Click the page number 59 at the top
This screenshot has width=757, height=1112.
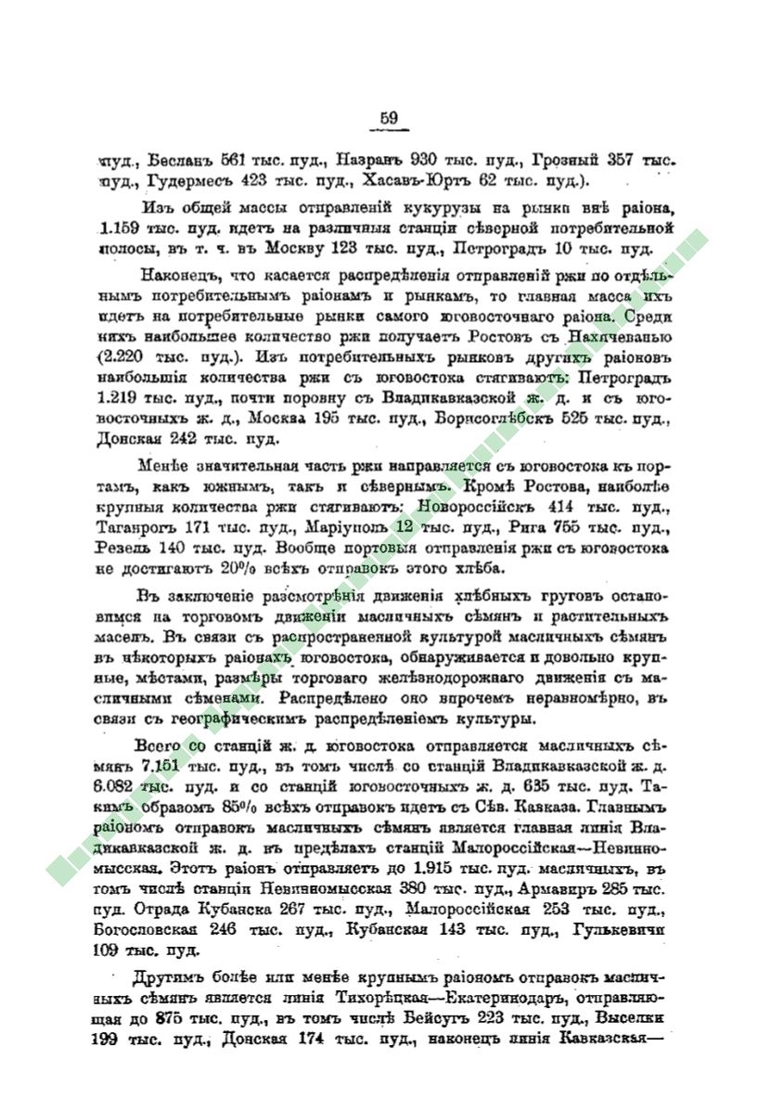coord(389,117)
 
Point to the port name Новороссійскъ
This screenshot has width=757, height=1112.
coord(476,508)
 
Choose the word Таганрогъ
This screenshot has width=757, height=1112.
coord(134,529)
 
